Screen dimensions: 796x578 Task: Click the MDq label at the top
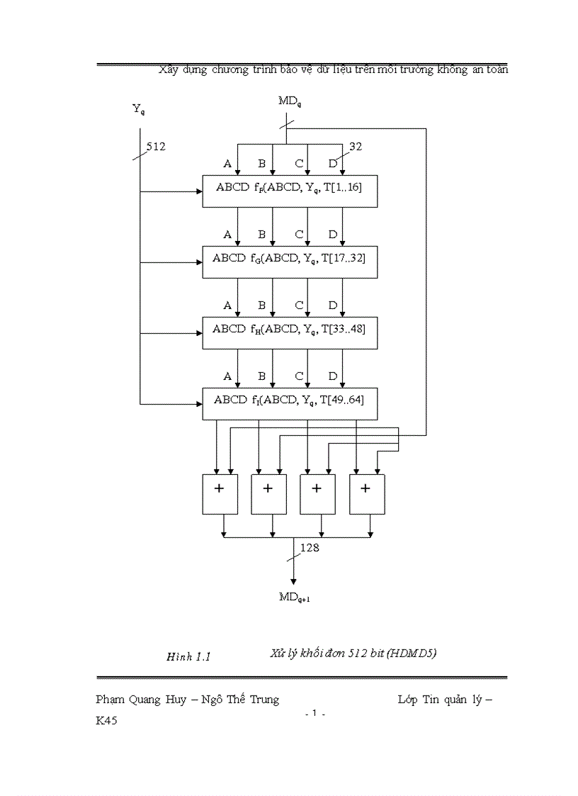(x=289, y=101)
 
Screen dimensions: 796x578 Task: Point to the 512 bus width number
(x=156, y=147)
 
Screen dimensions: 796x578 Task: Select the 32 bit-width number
(x=355, y=147)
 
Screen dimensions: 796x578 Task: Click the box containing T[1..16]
(x=289, y=191)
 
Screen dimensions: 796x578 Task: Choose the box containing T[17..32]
(x=289, y=261)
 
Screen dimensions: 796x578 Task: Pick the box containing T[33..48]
(x=289, y=331)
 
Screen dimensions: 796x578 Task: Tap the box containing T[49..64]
(x=289, y=403)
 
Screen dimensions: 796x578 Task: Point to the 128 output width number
(x=310, y=547)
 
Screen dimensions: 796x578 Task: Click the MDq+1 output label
(x=294, y=597)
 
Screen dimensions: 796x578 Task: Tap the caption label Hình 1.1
(x=189, y=656)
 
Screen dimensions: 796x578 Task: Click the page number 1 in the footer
(x=314, y=714)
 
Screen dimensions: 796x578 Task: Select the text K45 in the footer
(x=107, y=720)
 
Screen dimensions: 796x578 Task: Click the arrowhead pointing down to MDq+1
(x=293, y=581)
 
